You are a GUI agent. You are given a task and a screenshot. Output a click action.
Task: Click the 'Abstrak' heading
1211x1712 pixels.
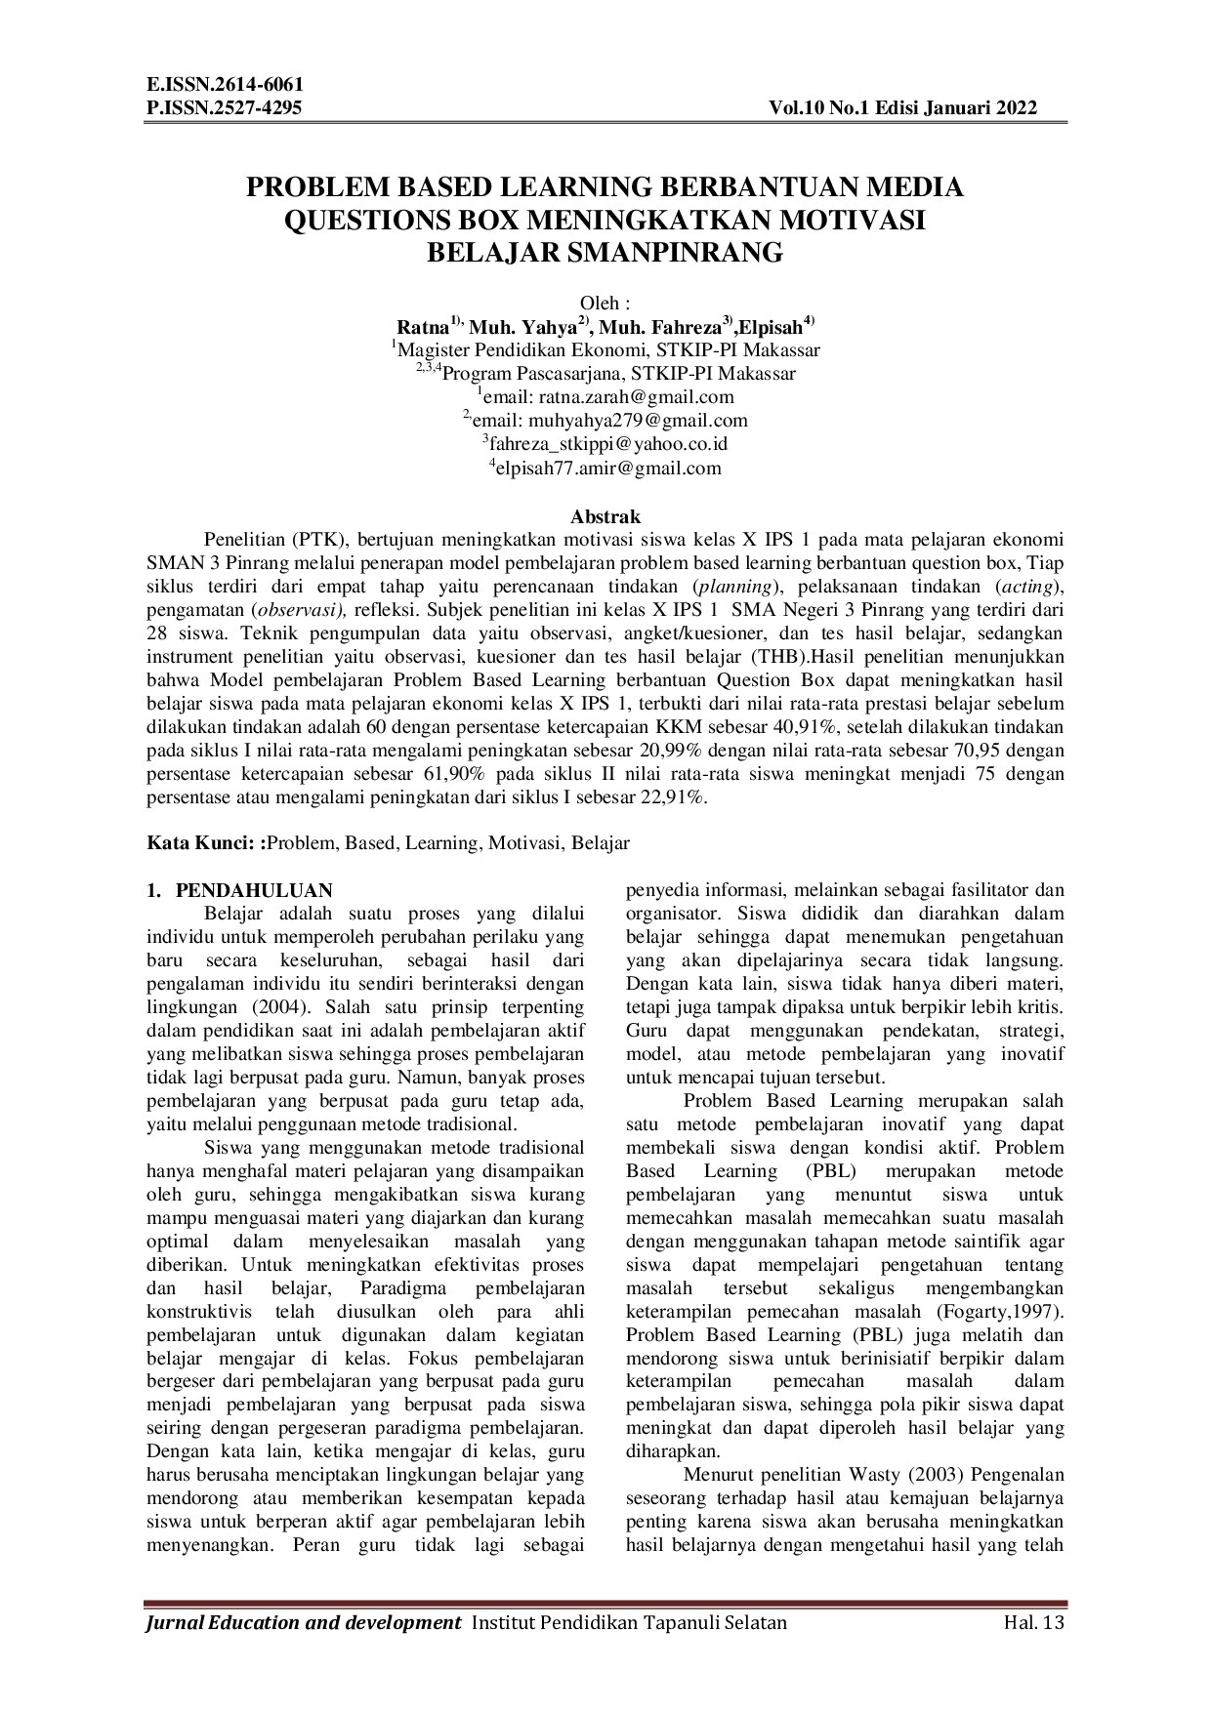(x=605, y=516)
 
